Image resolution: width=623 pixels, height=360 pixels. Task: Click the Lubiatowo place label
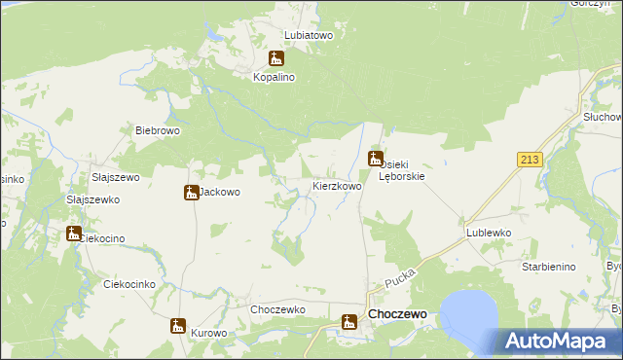pos(309,34)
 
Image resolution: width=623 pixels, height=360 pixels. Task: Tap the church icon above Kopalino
pos(277,58)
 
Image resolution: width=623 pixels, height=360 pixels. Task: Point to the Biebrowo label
pos(159,130)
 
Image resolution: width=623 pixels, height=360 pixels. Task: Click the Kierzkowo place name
pos(337,185)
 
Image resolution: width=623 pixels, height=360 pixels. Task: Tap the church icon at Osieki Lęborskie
pos(376,159)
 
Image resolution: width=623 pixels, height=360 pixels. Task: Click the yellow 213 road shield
pos(530,160)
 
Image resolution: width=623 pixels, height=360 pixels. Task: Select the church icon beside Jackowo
pos(191,192)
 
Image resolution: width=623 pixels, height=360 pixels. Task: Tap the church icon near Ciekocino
pos(74,233)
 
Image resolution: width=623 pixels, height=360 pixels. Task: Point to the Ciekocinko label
pos(129,284)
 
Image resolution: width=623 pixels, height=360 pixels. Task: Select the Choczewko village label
pos(278,309)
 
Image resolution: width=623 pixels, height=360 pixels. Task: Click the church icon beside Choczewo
pos(350,321)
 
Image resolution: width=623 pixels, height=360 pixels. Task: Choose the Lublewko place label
pos(489,234)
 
